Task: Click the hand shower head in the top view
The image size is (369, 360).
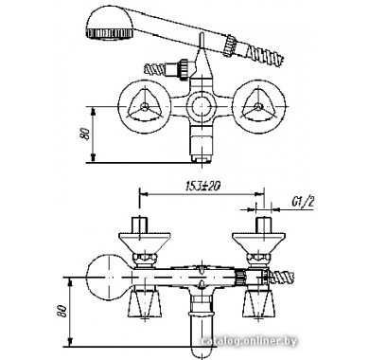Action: (x=109, y=25)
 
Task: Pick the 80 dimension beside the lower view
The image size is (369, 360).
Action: (x=61, y=311)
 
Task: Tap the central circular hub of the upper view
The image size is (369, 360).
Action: (x=201, y=106)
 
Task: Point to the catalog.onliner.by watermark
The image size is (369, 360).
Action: (x=249, y=341)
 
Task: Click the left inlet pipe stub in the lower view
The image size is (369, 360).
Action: (x=139, y=225)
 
